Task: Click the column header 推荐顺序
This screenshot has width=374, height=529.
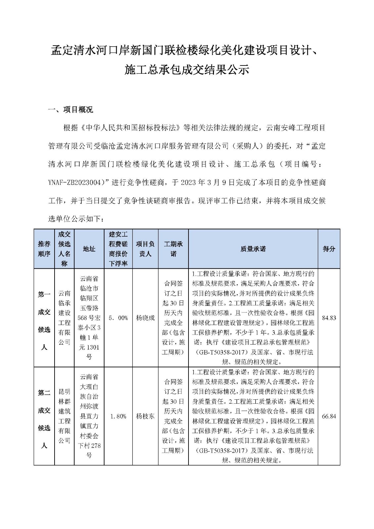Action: pos(44,249)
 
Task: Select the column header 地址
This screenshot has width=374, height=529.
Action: pos(89,249)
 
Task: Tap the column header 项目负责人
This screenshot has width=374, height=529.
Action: pos(145,249)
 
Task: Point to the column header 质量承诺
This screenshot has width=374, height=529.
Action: pos(253,249)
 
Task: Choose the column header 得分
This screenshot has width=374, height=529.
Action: pos(329,249)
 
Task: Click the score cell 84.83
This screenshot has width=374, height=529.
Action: pos(329,318)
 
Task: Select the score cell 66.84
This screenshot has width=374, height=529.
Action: pos(329,416)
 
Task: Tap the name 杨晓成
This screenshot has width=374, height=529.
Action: pos(145,318)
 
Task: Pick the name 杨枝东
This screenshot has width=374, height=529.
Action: pos(145,416)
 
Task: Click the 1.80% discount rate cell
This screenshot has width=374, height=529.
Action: pos(118,416)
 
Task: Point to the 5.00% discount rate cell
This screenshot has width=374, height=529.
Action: pos(118,318)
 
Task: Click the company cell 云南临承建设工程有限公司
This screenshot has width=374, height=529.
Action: pos(64,318)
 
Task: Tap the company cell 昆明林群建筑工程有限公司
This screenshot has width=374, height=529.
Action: pos(64,416)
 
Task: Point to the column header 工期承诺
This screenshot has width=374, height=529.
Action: pos(173,249)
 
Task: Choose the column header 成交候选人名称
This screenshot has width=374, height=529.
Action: pos(64,249)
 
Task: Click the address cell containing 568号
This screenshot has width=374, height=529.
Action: pos(89,318)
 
